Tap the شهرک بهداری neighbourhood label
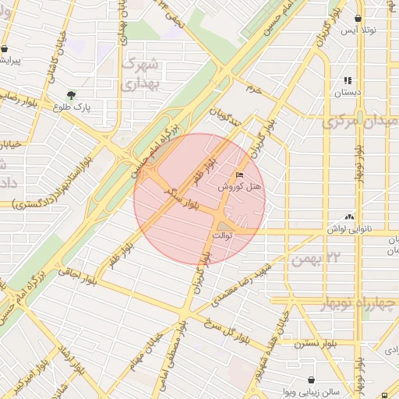[140, 72]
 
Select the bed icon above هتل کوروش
[238, 175]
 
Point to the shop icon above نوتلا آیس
[358, 18]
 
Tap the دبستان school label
[348, 92]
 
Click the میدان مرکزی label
[359, 122]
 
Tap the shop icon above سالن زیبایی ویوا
[312, 380]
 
